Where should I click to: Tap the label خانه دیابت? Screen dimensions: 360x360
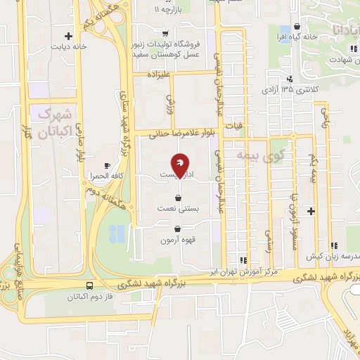pyautogui.click(x=68, y=47)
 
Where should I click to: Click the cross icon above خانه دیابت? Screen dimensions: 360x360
pyautogui.click(x=68, y=36)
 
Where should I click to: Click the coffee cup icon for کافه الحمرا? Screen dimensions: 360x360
pyautogui.click(x=106, y=165)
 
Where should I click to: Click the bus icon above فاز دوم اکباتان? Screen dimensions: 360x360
pyautogui.click(x=89, y=286)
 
